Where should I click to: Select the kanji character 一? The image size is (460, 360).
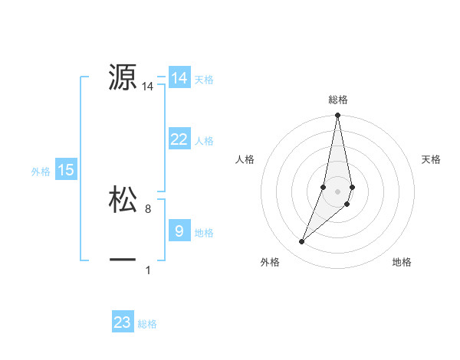click(x=123, y=260)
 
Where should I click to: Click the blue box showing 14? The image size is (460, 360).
click(x=179, y=78)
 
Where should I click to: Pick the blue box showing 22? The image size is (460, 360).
click(x=179, y=139)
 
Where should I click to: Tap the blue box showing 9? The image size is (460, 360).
click(x=179, y=231)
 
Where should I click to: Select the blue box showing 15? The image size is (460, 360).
click(x=66, y=170)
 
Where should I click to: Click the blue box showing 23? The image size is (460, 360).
click(x=123, y=322)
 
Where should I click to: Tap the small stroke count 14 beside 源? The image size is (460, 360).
click(x=148, y=87)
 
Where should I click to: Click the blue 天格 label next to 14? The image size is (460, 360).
click(x=204, y=80)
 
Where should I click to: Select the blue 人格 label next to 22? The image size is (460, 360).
click(x=204, y=141)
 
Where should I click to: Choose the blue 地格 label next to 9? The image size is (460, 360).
click(x=204, y=233)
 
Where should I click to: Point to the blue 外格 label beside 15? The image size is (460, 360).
click(x=41, y=172)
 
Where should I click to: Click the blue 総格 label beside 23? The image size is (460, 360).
click(x=147, y=324)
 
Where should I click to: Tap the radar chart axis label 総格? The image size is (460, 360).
click(x=337, y=100)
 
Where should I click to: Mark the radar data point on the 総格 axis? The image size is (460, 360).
click(x=337, y=116)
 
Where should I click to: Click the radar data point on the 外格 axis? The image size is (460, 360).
click(x=302, y=242)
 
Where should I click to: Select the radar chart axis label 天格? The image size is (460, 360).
click(x=432, y=159)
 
